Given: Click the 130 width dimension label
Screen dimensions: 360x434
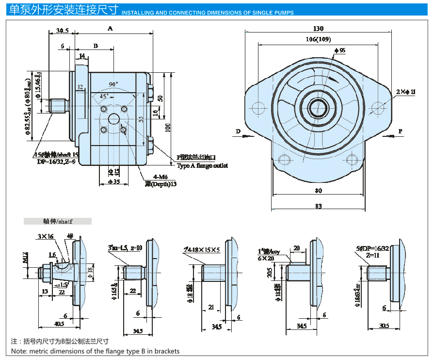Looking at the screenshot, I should click(319, 29).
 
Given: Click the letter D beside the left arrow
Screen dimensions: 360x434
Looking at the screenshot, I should click(238, 131).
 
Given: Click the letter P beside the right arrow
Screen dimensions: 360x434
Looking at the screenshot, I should click(401, 131).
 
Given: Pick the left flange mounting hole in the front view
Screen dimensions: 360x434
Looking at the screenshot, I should click(259, 107).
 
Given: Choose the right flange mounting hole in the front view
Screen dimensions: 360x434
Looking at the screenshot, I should click(378, 107).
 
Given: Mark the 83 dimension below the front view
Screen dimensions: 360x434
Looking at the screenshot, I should click(318, 206).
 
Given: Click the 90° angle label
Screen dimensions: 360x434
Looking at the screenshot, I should click(113, 84).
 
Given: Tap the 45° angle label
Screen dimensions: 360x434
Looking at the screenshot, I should click(104, 96).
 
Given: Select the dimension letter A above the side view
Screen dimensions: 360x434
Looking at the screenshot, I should click(111, 29).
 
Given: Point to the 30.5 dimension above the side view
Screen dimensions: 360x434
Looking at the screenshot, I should click(62, 31).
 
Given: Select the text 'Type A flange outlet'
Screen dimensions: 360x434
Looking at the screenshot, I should click(202, 166).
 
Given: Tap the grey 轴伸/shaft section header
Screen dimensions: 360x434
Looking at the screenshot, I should click(58, 222).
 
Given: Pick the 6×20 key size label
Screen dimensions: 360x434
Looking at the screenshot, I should click(266, 259).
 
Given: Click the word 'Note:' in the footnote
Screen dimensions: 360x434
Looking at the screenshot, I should click(19, 351).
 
